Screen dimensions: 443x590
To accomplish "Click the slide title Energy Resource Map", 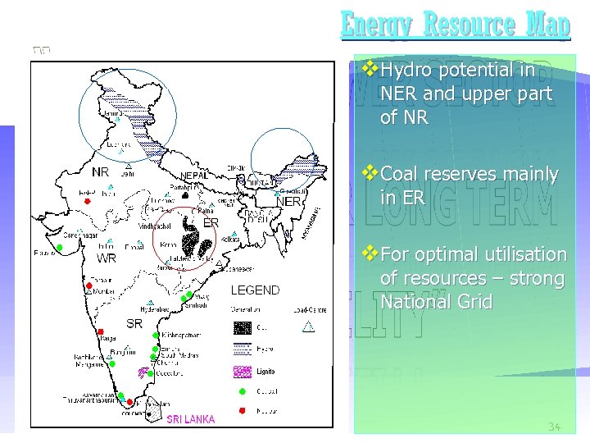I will coord(455,25).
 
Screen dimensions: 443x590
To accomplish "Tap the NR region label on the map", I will coord(101,172).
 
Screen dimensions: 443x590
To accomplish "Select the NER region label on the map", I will coord(289,202).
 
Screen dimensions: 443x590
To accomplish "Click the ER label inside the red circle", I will coord(211,222).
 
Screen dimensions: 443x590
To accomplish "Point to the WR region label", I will coord(107,258).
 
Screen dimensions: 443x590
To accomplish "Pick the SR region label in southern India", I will coord(134,323).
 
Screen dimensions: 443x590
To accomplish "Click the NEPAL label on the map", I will coord(194,176).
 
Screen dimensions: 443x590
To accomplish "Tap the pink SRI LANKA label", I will coord(190,419).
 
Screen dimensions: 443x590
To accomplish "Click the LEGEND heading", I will coord(255,290).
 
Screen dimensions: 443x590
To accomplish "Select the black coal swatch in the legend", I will coord(242,327).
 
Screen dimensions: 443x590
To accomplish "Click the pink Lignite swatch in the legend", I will coord(242,370).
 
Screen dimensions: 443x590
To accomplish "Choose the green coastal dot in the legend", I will coord(242,390).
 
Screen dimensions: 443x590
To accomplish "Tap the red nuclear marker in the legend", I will coord(242,409).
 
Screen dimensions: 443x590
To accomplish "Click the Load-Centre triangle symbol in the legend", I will coord(308,328).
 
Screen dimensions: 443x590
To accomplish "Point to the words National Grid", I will coord(437,302).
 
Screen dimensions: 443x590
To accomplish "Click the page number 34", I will coord(556,427).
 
